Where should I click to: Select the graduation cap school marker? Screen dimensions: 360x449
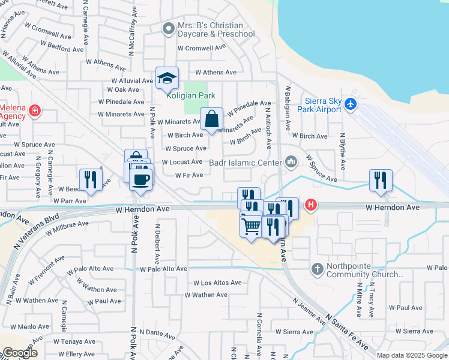167,78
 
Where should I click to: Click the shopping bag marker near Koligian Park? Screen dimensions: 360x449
212,119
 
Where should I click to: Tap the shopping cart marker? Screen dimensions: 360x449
251,226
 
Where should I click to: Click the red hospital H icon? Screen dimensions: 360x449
310,205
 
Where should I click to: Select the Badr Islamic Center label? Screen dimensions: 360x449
246,162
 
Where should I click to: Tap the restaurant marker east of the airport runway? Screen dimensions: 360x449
381,180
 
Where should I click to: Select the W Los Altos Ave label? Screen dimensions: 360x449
217,283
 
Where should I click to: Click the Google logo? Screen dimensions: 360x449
19,353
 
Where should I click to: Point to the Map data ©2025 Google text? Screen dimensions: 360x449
411,355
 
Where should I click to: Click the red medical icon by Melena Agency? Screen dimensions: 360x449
35,110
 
